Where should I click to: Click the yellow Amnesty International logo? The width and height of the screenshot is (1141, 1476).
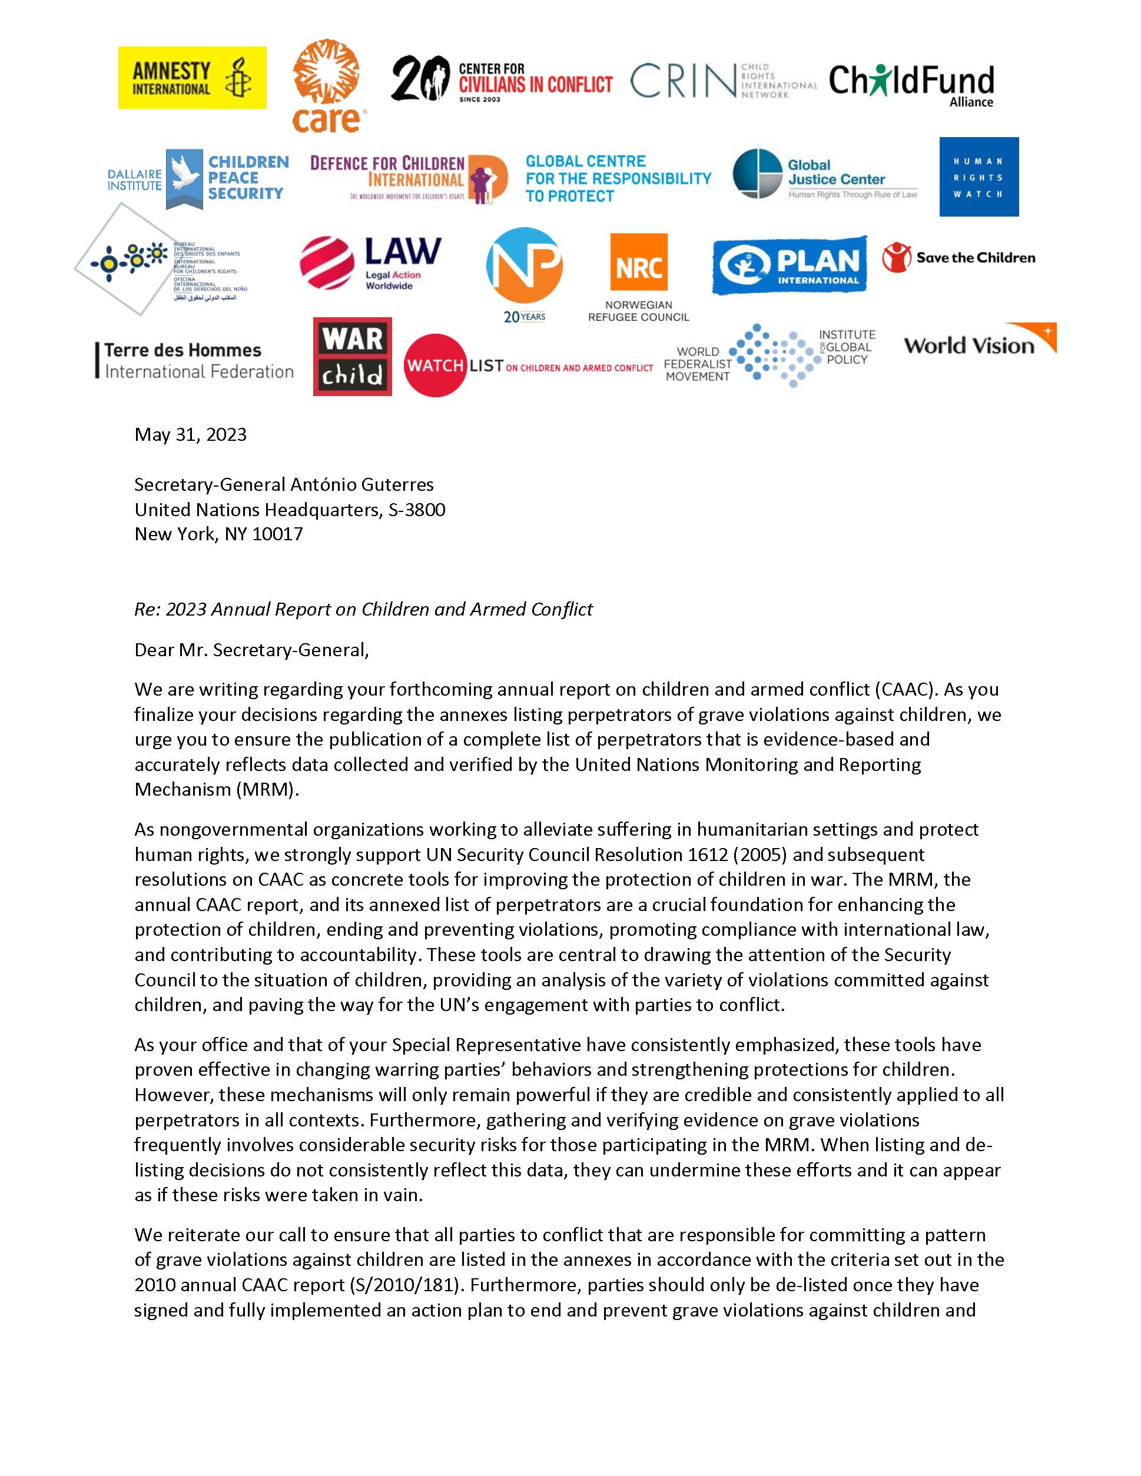(192, 78)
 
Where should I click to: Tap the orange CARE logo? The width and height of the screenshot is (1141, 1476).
(327, 86)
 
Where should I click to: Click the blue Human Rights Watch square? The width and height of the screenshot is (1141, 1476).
(978, 177)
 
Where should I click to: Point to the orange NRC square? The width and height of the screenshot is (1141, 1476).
(639, 262)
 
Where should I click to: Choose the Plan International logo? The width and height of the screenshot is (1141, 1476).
(789, 265)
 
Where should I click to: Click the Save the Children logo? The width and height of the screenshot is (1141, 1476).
(958, 258)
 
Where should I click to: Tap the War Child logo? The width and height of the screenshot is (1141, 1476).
(352, 356)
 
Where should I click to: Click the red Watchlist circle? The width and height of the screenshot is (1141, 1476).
(434, 365)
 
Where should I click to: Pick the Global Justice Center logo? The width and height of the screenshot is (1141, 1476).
(825, 175)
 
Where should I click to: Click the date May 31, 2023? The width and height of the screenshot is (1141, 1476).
(191, 434)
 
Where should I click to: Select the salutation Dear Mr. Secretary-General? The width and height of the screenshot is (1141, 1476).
(251, 650)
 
